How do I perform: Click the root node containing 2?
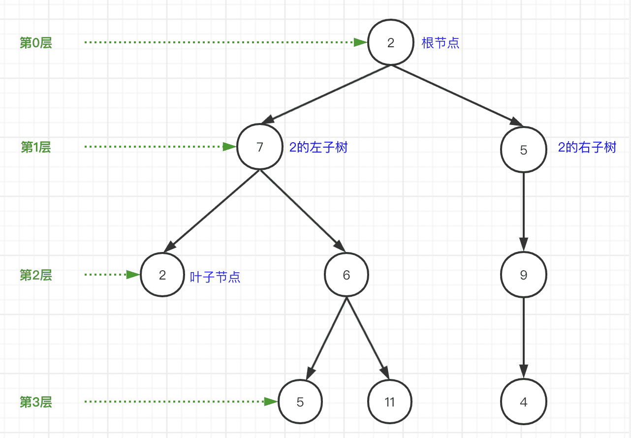pyautogui.click(x=391, y=43)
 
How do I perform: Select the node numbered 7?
pyautogui.click(x=260, y=147)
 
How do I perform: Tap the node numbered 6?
pyautogui.click(x=347, y=275)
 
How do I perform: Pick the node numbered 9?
pyautogui.click(x=523, y=275)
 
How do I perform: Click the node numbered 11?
pyautogui.click(x=390, y=402)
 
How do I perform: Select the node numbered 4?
pyautogui.click(x=523, y=402)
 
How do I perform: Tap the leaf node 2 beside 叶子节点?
pyautogui.click(x=162, y=275)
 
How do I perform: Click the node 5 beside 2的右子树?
pyautogui.click(x=523, y=150)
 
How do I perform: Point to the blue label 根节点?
pyautogui.click(x=441, y=43)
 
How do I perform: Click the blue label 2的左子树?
pyautogui.click(x=318, y=148)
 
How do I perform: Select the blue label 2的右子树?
pyautogui.click(x=587, y=148)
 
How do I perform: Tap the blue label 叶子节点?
pyautogui.click(x=215, y=277)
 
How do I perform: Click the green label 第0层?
pyautogui.click(x=35, y=43)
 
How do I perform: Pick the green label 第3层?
pyautogui.click(x=35, y=402)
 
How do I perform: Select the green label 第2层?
pyautogui.click(x=35, y=275)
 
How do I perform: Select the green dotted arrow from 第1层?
pyautogui.click(x=158, y=147)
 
